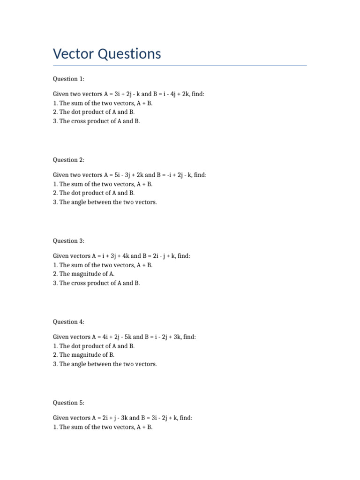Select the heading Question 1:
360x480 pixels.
pos(68,79)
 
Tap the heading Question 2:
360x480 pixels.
pos(68,160)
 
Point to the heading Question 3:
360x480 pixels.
pos(68,241)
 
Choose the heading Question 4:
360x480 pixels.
pos(68,322)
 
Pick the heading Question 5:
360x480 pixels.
pos(68,403)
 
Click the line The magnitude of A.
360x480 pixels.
pos(84,274)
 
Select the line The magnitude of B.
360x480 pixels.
pos(84,355)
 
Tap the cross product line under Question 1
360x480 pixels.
pos(97,121)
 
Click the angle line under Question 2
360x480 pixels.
pos(105,202)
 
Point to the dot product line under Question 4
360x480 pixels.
pos(94,346)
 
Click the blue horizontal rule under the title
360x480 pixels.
pos(180,66)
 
